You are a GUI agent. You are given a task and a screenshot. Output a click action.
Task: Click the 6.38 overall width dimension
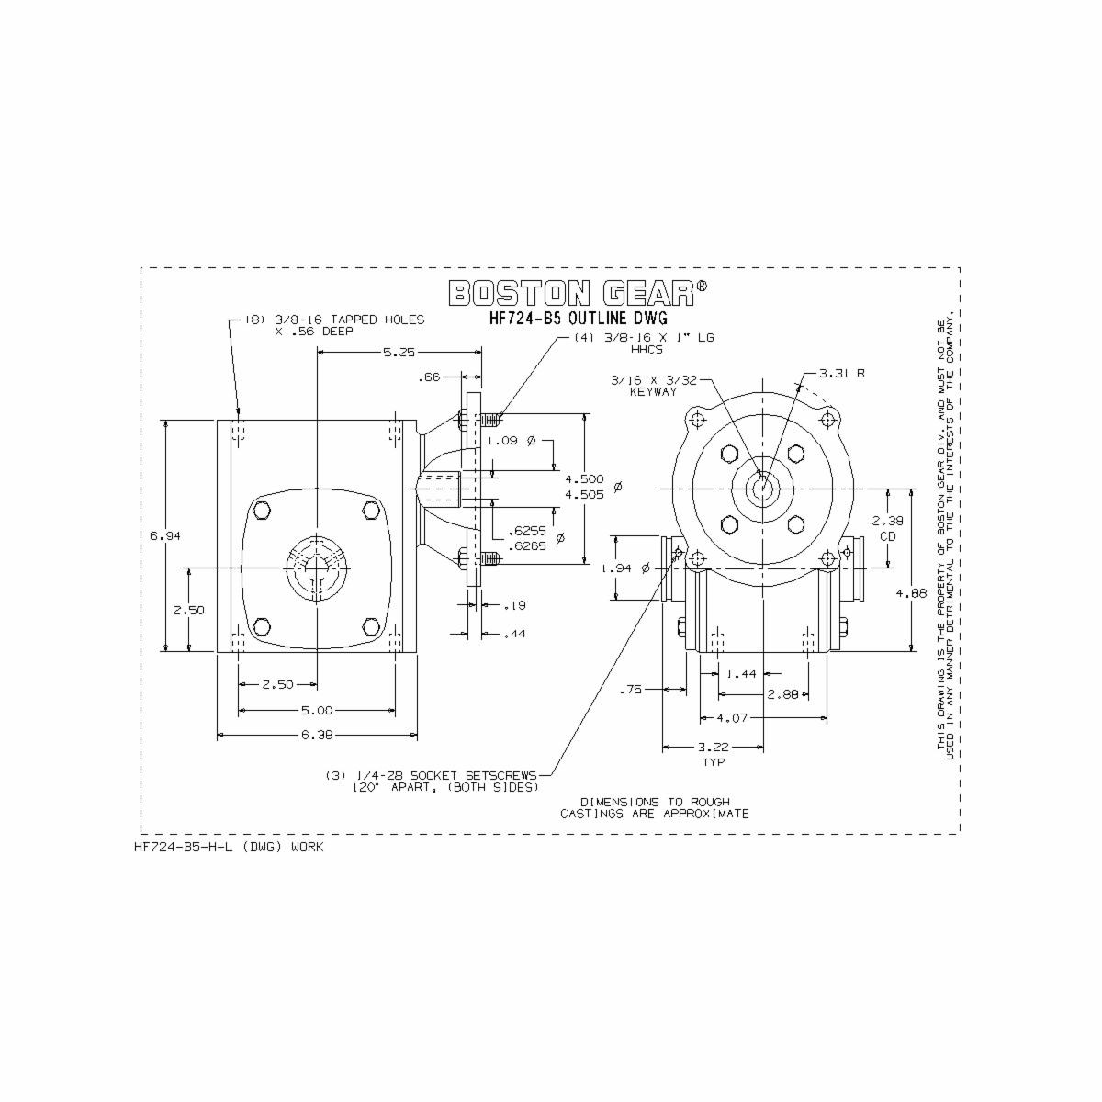coord(316,735)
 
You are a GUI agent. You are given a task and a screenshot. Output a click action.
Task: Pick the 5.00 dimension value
coord(316,710)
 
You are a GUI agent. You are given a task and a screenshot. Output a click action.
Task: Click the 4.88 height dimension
coord(911,593)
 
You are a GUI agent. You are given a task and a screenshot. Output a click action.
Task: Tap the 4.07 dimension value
coord(732,717)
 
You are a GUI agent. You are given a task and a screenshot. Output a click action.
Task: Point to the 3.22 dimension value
coord(713,748)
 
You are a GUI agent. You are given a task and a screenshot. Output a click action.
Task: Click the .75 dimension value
coord(630,689)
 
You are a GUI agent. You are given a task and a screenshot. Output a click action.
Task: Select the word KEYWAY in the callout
coord(653,392)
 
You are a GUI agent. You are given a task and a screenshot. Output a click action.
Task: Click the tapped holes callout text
coord(334,325)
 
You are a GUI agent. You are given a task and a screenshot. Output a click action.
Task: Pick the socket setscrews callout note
coord(432,782)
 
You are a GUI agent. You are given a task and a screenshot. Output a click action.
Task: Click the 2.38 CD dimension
coord(887,527)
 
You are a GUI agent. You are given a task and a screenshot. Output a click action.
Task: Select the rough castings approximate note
coord(655,807)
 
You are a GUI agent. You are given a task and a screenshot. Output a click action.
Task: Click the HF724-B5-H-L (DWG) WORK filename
coord(229,847)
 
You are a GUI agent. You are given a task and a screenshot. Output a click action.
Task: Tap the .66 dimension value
coord(429,377)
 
